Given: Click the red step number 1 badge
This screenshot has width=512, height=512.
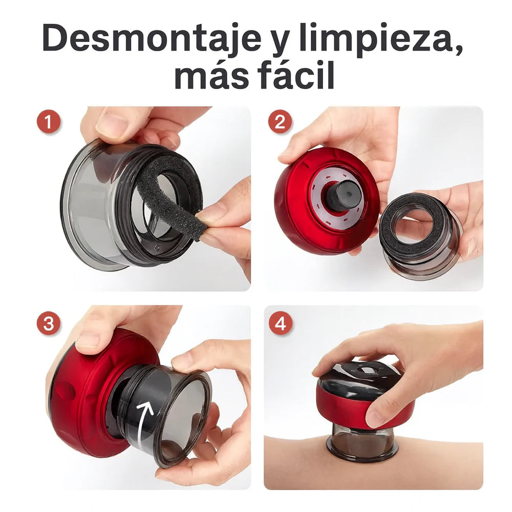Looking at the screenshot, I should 49,123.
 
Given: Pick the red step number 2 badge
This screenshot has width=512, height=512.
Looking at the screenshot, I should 280,123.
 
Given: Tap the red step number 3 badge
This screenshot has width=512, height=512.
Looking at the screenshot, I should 49,324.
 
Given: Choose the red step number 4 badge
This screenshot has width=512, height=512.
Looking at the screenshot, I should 280,324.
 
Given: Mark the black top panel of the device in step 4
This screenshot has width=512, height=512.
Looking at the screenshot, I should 358,376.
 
